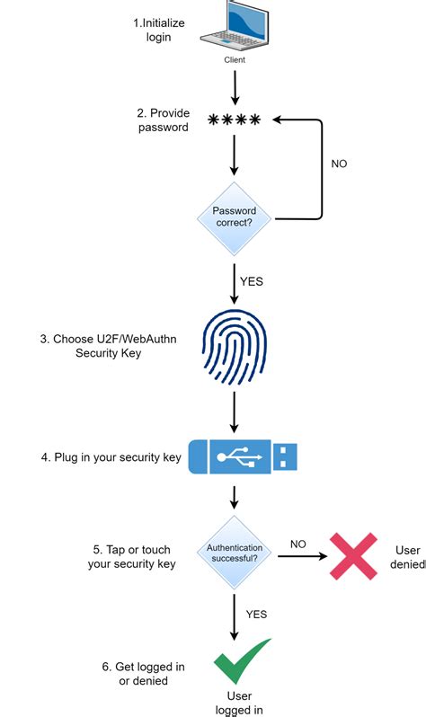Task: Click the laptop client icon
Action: pyautogui.click(x=234, y=26)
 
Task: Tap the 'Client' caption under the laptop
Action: pyautogui.click(x=234, y=60)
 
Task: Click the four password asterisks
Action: pyautogui.click(x=234, y=119)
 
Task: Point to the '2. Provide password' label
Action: pyautogui.click(x=164, y=120)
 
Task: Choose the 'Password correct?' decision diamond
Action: pyautogui.click(x=234, y=217)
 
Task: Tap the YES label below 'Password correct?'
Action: pyautogui.click(x=253, y=281)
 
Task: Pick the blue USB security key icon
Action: pyautogui.click(x=242, y=456)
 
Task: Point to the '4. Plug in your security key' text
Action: pyautogui.click(x=111, y=457)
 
